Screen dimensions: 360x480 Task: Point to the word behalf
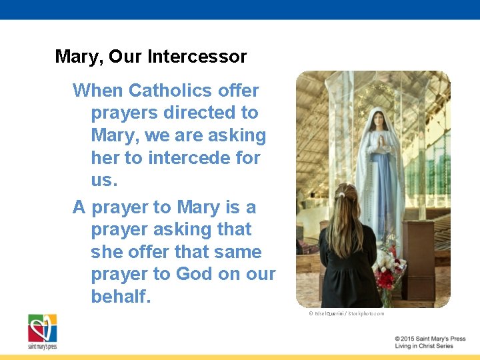(x=121, y=297)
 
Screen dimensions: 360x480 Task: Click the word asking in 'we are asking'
(x=237, y=136)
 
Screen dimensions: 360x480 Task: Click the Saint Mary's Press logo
(x=42, y=331)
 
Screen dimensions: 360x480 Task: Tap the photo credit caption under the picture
(x=346, y=313)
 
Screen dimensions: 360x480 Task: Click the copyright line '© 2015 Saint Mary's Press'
(x=429, y=339)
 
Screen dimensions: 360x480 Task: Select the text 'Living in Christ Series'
(x=424, y=346)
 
